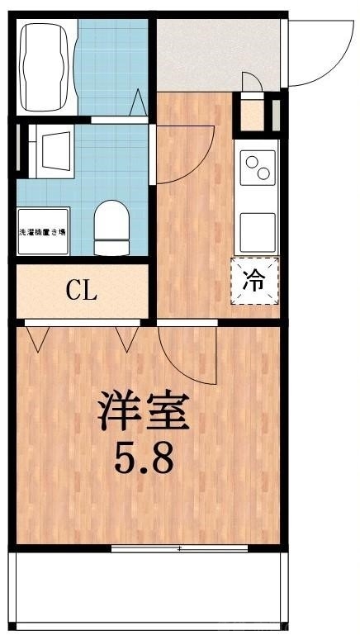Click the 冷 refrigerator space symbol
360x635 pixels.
(255, 281)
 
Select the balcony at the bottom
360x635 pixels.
(149, 590)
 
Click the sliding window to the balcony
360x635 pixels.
(179, 547)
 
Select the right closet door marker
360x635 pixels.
(127, 338)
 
